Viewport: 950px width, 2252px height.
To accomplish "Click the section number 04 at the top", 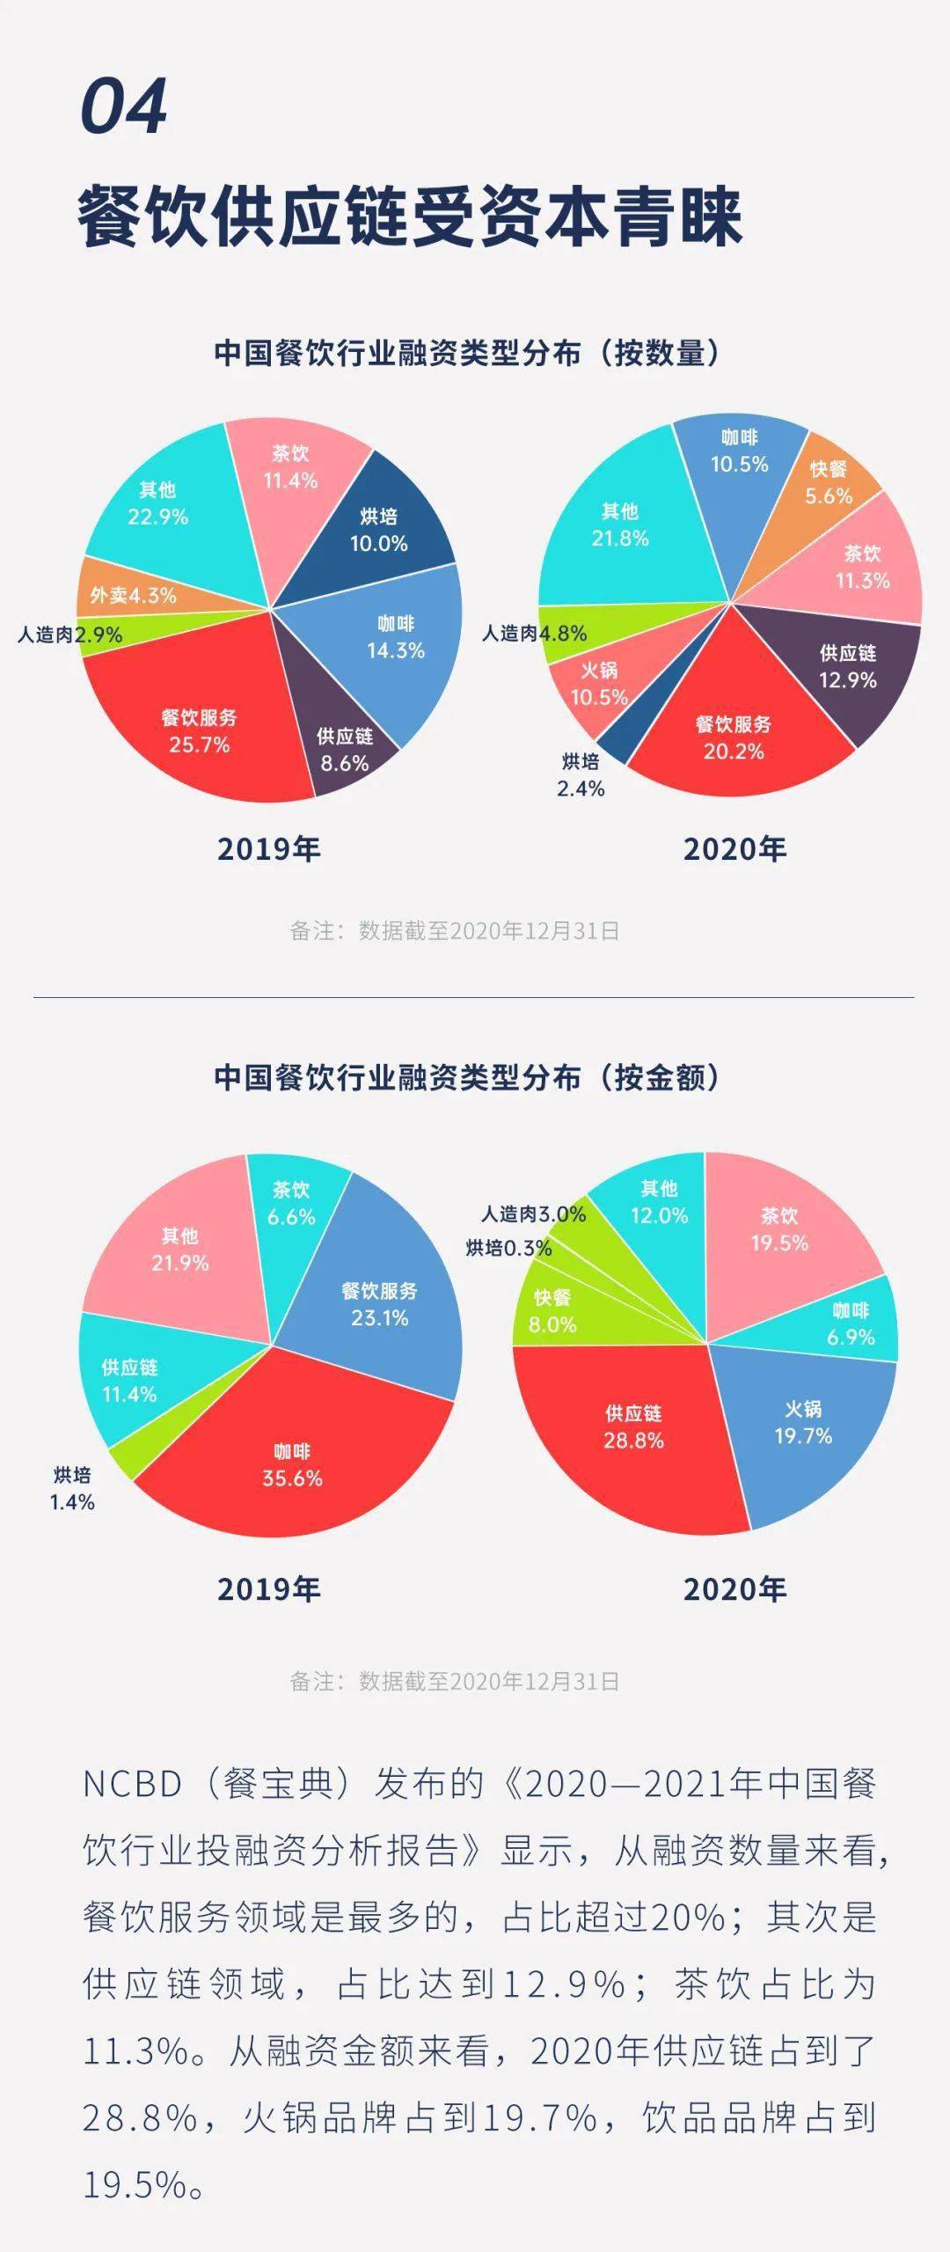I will [123, 106].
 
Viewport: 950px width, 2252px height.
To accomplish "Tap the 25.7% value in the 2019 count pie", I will [200, 745].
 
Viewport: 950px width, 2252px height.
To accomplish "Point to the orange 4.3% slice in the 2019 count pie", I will [132, 594].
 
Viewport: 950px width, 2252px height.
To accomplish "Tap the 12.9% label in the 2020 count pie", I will [848, 679].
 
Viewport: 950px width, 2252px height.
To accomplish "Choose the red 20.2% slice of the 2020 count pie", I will [733, 739].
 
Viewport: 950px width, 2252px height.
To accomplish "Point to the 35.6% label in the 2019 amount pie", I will [292, 1478].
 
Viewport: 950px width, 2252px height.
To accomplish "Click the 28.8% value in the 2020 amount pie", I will [633, 1441].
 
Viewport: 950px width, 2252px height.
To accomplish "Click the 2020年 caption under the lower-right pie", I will [734, 1588].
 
